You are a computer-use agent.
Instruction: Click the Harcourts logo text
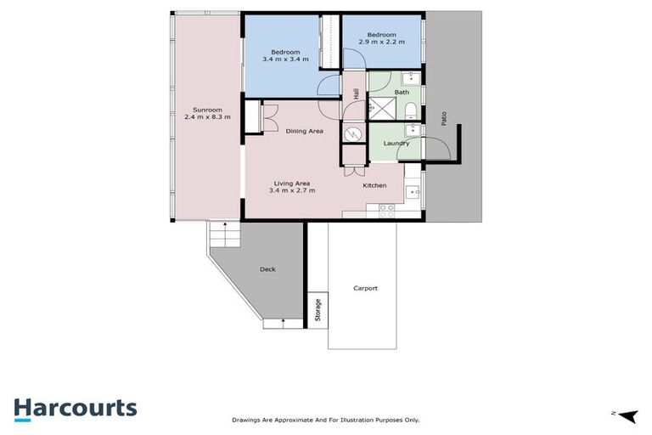[x=75, y=408]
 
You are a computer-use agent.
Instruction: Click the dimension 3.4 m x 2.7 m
[x=291, y=190]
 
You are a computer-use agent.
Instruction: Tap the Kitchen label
[x=374, y=185]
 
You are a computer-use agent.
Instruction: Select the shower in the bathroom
[x=376, y=108]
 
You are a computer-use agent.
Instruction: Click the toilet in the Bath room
[x=410, y=110]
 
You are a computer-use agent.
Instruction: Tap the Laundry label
[x=396, y=143]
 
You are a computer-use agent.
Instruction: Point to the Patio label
[x=443, y=120]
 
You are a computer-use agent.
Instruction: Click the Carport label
[x=365, y=288]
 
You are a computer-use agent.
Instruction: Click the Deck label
[x=267, y=269]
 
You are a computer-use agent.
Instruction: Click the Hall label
[x=356, y=94]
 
